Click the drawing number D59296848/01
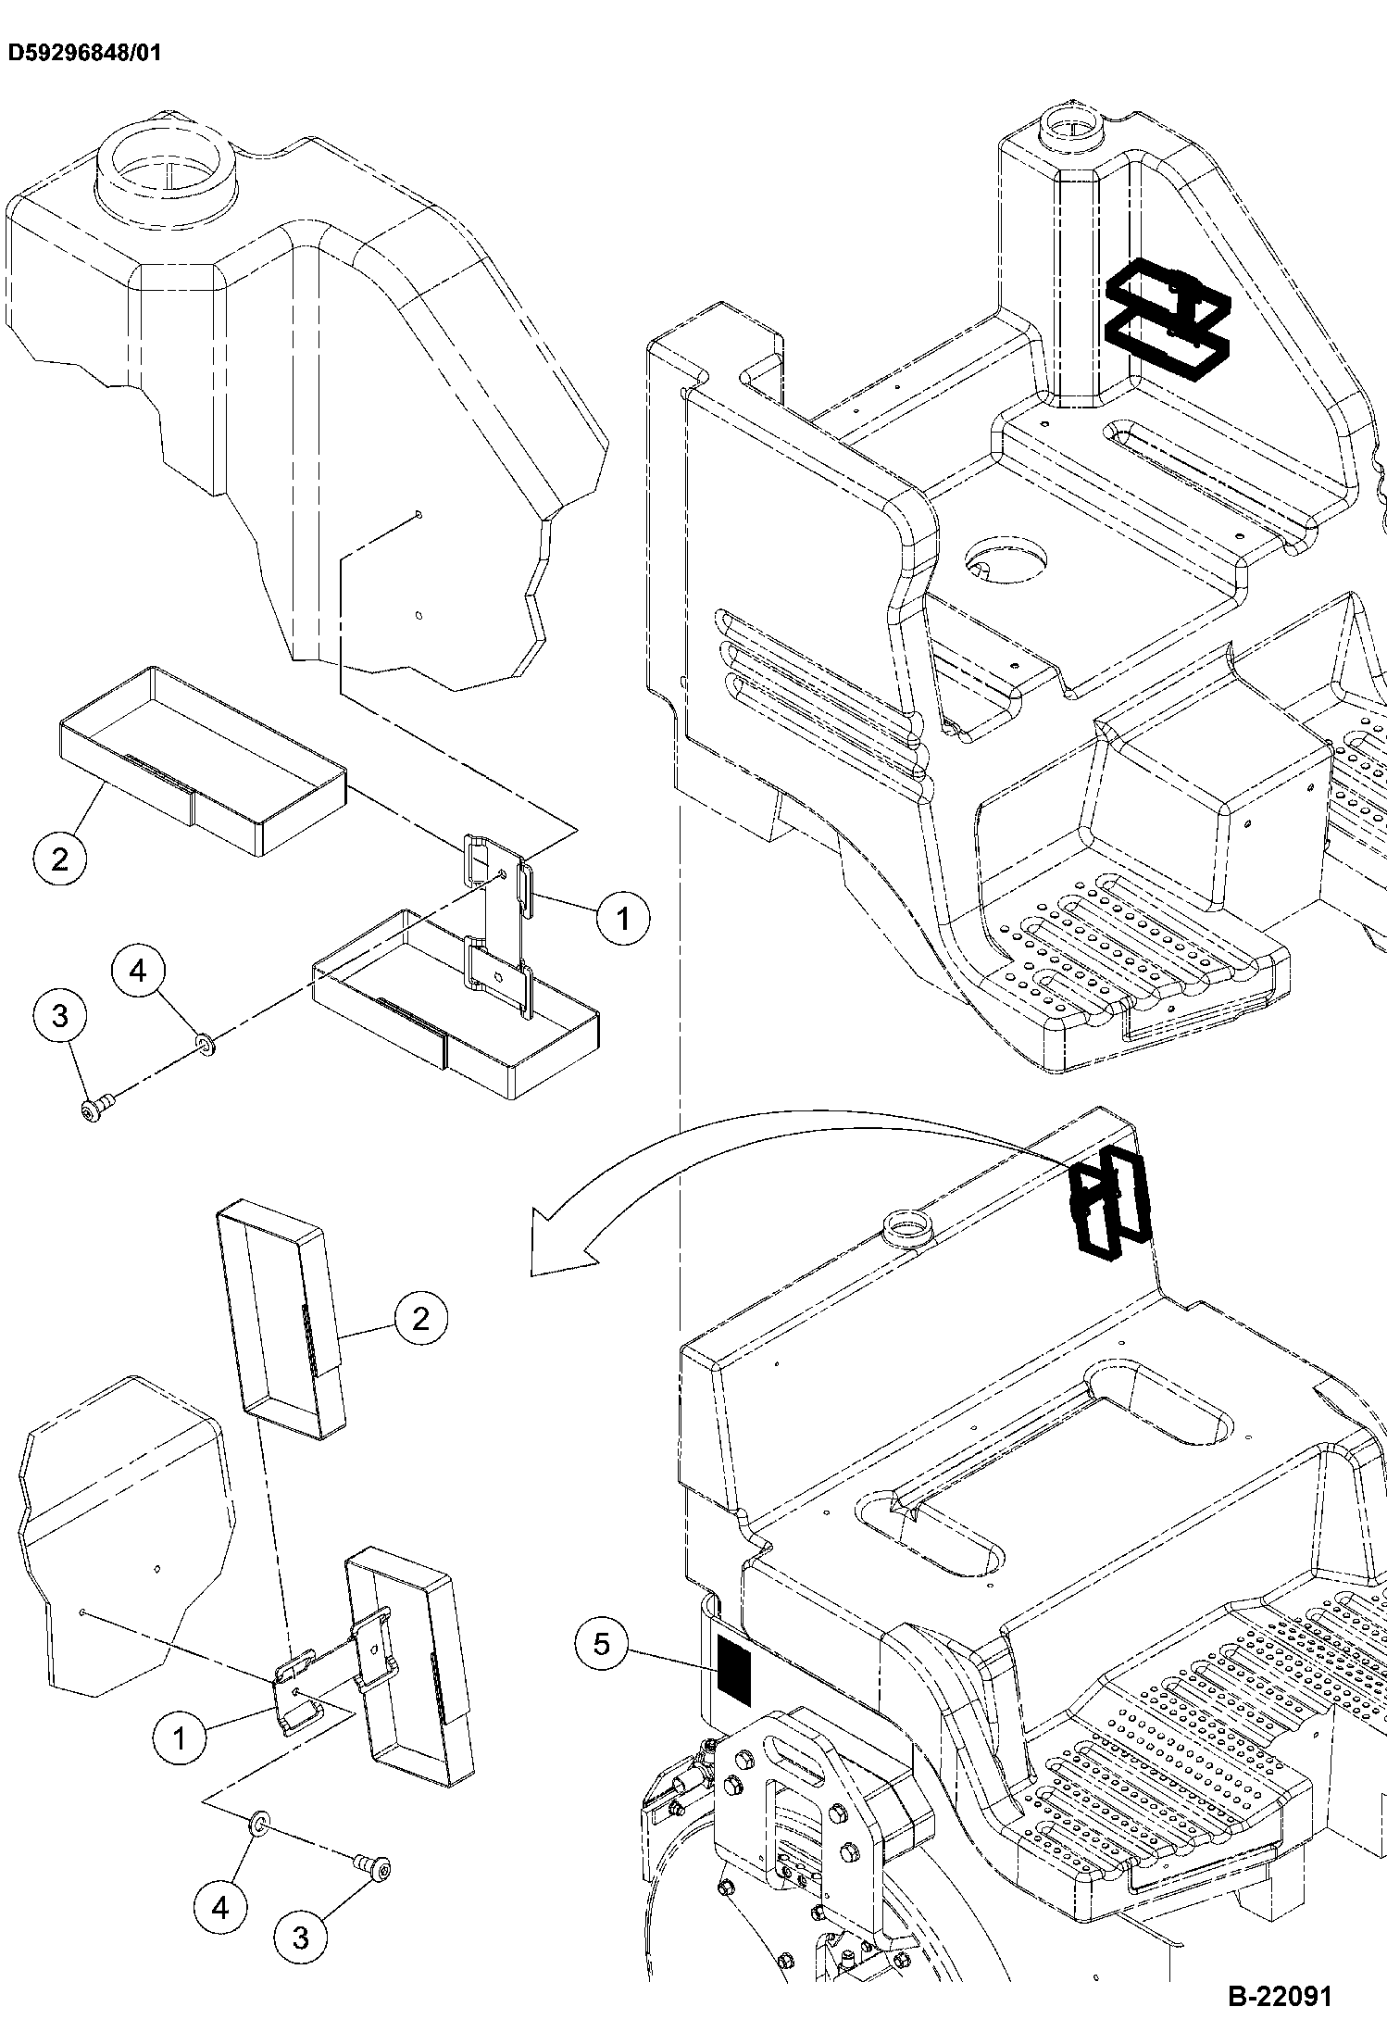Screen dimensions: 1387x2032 pyautogui.click(x=84, y=53)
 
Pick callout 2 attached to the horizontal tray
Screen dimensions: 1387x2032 pyautogui.click(x=60, y=859)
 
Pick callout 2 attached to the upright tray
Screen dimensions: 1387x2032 pyautogui.click(x=421, y=1317)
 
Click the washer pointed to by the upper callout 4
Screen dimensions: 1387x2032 pyautogui.click(x=204, y=1046)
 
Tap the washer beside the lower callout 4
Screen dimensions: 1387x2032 pyautogui.click(x=259, y=1825)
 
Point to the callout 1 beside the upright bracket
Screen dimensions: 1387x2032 pyautogui.click(x=622, y=918)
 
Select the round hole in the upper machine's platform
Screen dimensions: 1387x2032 pyautogui.click(x=1006, y=561)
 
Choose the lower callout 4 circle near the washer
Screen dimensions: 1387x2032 pyautogui.click(x=220, y=1907)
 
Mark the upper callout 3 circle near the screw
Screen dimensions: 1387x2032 pyautogui.click(x=60, y=1016)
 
